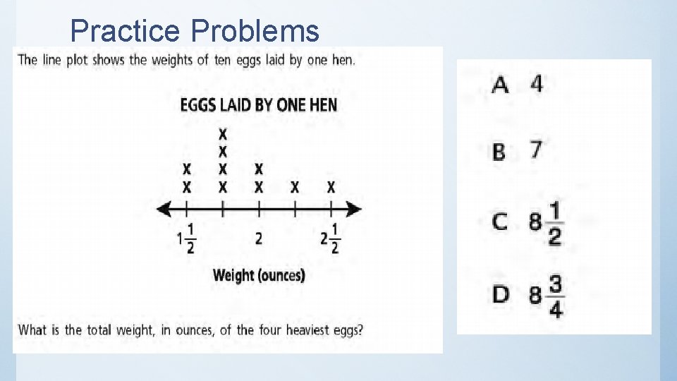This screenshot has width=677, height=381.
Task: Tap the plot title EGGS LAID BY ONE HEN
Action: (x=259, y=105)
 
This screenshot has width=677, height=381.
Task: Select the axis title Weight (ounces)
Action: (x=259, y=274)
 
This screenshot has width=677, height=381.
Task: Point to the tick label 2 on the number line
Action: (x=259, y=238)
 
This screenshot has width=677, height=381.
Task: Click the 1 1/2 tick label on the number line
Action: (x=187, y=238)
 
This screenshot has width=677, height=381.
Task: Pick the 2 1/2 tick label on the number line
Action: (x=330, y=238)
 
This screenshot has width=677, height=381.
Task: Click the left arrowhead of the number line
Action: (x=161, y=209)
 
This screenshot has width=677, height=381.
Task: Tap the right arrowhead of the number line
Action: (x=357, y=209)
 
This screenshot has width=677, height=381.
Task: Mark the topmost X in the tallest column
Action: (x=223, y=133)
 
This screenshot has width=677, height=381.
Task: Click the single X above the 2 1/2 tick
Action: (x=331, y=187)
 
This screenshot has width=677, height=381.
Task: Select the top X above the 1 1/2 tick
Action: (x=187, y=169)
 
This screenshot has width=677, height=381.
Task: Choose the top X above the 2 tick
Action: (x=259, y=169)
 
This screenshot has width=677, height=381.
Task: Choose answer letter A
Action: (x=500, y=85)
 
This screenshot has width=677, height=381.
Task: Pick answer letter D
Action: (x=501, y=294)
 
